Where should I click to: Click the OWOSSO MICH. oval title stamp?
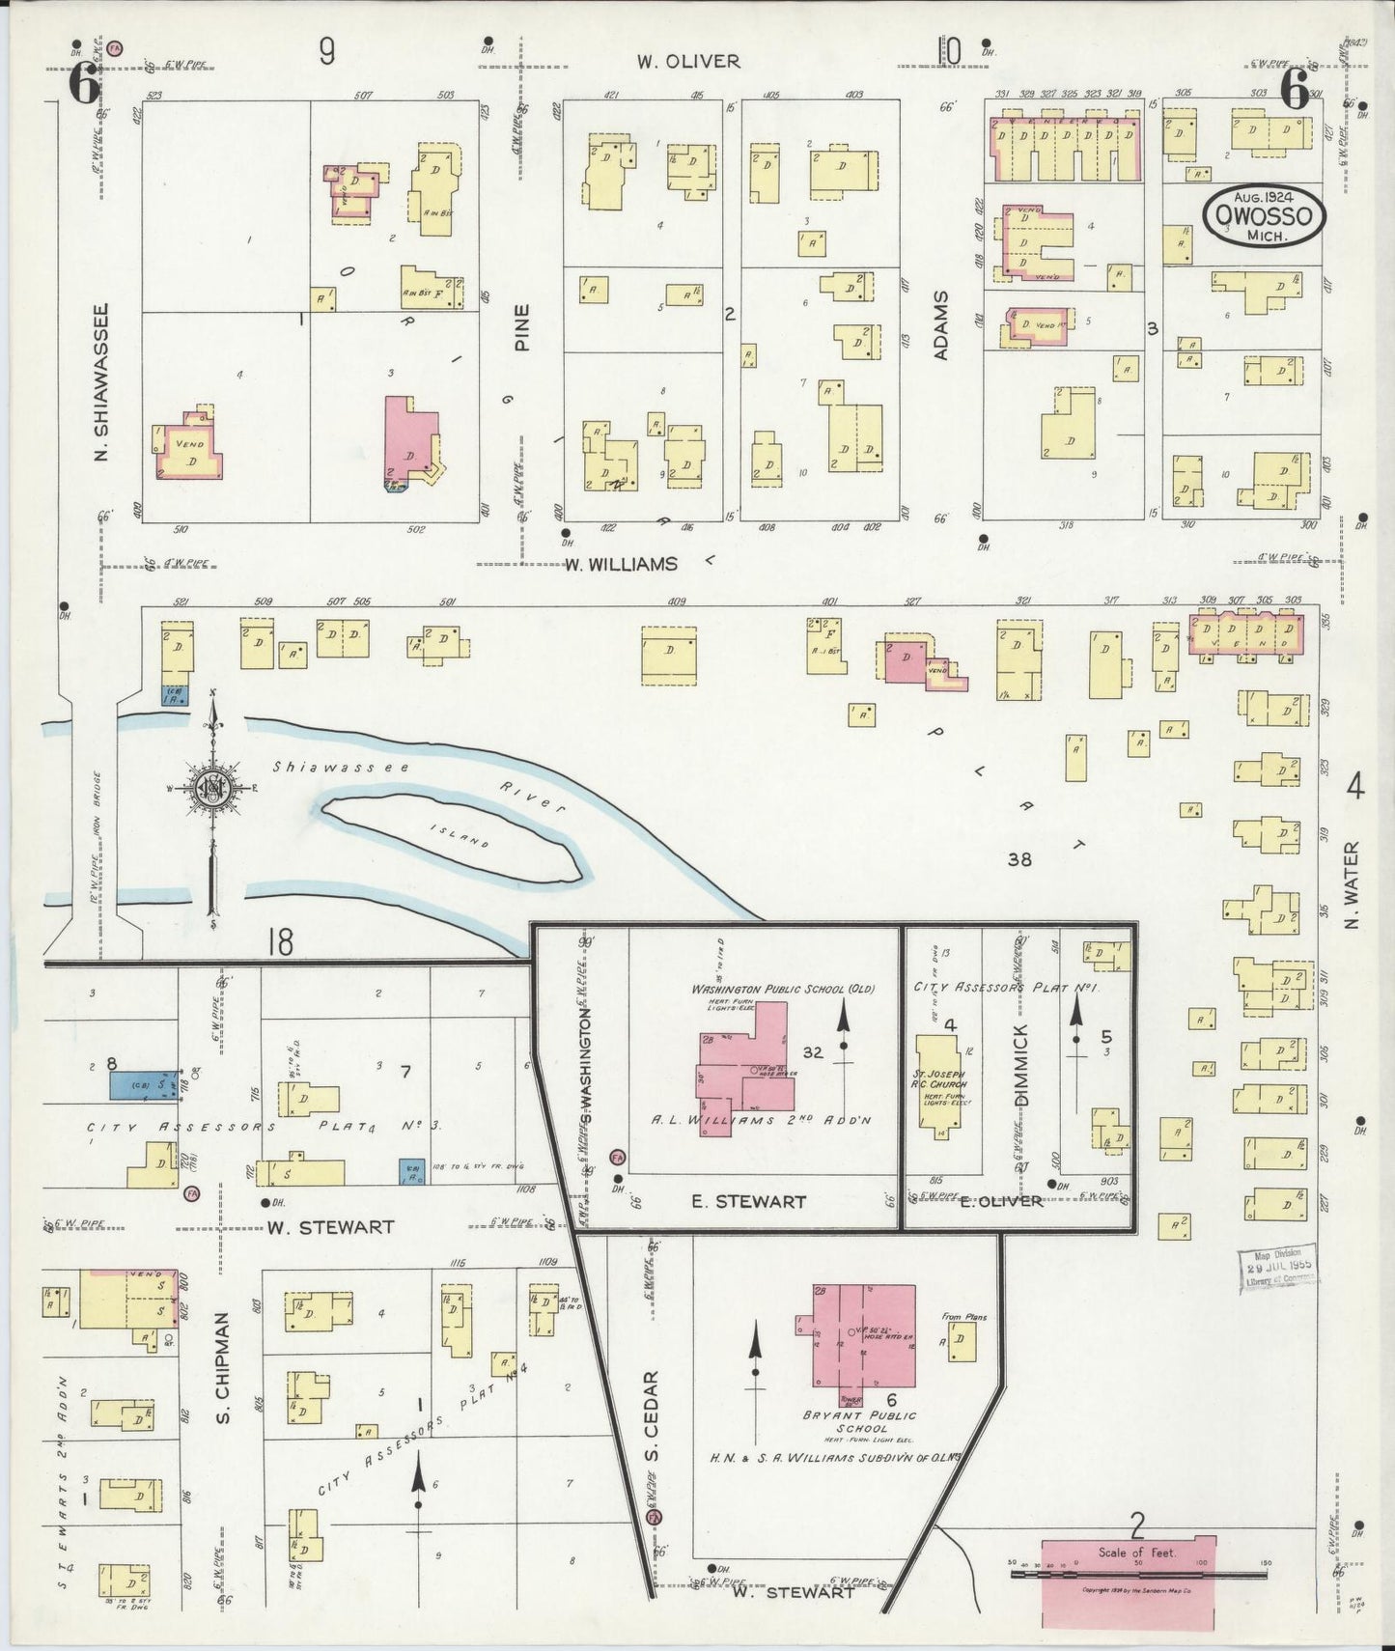[1264, 215]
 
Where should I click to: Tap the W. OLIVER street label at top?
[687, 61]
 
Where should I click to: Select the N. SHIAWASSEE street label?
[101, 382]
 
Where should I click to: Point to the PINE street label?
[522, 327]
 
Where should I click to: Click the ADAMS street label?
[941, 325]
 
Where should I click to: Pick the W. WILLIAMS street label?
[621, 564]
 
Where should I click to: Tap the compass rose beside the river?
[211, 789]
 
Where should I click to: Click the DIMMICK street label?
[1021, 1065]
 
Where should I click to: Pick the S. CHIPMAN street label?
[222, 1366]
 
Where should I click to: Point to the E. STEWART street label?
[748, 1202]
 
